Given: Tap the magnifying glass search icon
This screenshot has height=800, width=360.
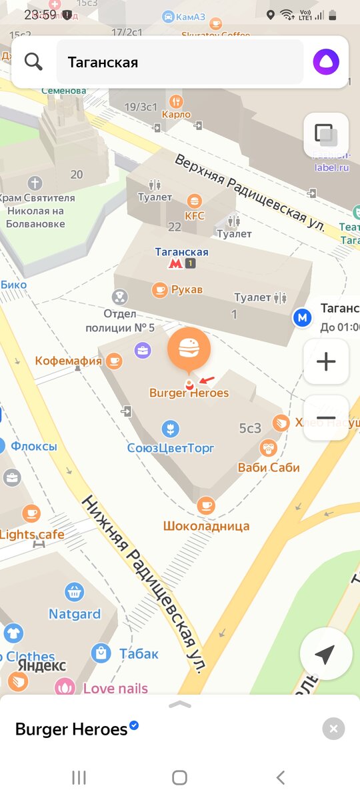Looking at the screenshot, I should (x=33, y=62).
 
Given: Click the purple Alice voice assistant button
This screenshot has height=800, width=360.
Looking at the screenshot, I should (x=326, y=62).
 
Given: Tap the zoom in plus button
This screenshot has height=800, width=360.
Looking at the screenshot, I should (x=326, y=362).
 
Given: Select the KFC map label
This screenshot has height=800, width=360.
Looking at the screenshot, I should (x=195, y=215).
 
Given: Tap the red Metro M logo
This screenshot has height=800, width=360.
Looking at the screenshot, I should (x=175, y=264).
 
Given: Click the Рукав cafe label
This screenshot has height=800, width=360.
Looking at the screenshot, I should (x=186, y=289).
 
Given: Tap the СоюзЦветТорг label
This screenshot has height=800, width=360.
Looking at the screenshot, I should (x=171, y=447).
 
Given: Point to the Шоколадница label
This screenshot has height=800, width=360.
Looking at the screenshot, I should (x=206, y=525).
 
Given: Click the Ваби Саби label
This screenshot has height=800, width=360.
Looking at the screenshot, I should (x=269, y=467).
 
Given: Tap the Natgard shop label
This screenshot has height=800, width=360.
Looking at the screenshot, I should (x=74, y=613).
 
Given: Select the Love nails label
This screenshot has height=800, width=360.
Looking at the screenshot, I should (x=115, y=687).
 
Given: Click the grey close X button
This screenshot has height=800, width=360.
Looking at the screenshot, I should (x=333, y=729).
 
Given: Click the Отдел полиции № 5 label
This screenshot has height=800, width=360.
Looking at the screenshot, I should (x=120, y=320).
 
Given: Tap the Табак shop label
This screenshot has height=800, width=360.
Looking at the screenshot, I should (x=139, y=654).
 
